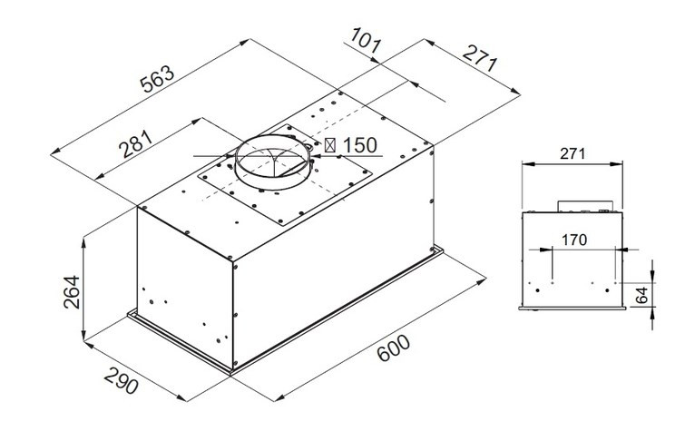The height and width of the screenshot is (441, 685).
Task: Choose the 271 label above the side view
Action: pos(572,155)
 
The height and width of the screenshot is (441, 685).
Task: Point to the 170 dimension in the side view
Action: pos(573,240)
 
